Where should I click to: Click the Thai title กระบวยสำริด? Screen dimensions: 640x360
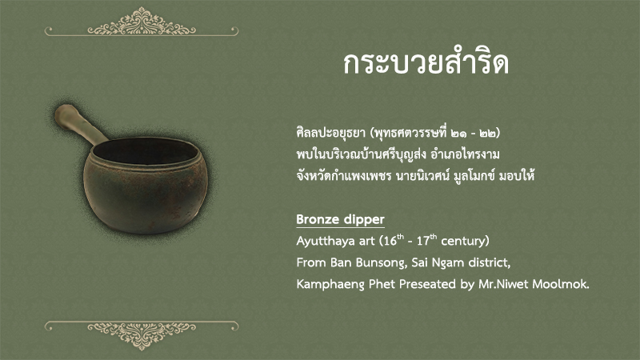pyautogui.click(x=426, y=63)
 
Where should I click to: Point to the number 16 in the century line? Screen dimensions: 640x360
pyautogui.click(x=390, y=241)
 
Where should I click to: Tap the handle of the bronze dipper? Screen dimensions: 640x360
pyautogui.click(x=78, y=124)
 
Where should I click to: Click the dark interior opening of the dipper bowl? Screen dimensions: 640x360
pyautogui.click(x=145, y=150)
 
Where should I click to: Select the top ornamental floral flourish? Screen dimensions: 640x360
pyautogui.click(x=142, y=22)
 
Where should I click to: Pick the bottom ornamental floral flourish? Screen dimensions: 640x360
pyautogui.click(x=142, y=335)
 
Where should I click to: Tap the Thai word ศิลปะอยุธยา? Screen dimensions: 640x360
pyautogui.click(x=330, y=134)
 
